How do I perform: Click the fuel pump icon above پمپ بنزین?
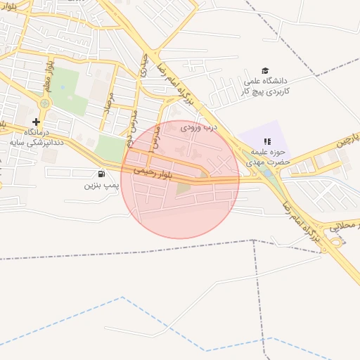pyautogui.click(x=102, y=174)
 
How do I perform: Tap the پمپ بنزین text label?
pyautogui.click(x=98, y=186)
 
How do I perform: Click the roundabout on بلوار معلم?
pyautogui.click(x=45, y=103)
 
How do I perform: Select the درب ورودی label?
pyautogui.click(x=200, y=128)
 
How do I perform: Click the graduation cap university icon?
pyautogui.click(x=265, y=70)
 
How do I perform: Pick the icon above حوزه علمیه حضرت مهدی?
pyautogui.click(x=266, y=142)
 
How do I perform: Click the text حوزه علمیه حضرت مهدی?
pyautogui.click(x=265, y=157)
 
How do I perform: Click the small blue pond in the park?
pyautogui.click(x=63, y=87)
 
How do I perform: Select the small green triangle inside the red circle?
pyautogui.click(x=184, y=188)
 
